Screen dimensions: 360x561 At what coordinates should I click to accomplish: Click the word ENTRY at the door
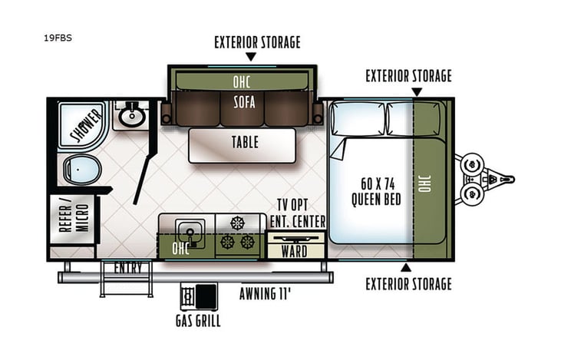tap(127, 268)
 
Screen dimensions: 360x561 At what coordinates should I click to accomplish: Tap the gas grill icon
tap(197, 296)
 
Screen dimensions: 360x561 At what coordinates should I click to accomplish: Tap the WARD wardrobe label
tap(294, 251)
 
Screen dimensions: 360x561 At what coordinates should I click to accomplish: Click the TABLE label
tap(245, 143)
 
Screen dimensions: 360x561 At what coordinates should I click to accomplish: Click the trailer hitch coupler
tap(507, 179)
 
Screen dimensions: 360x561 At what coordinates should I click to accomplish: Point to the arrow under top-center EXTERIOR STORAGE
tap(251, 58)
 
